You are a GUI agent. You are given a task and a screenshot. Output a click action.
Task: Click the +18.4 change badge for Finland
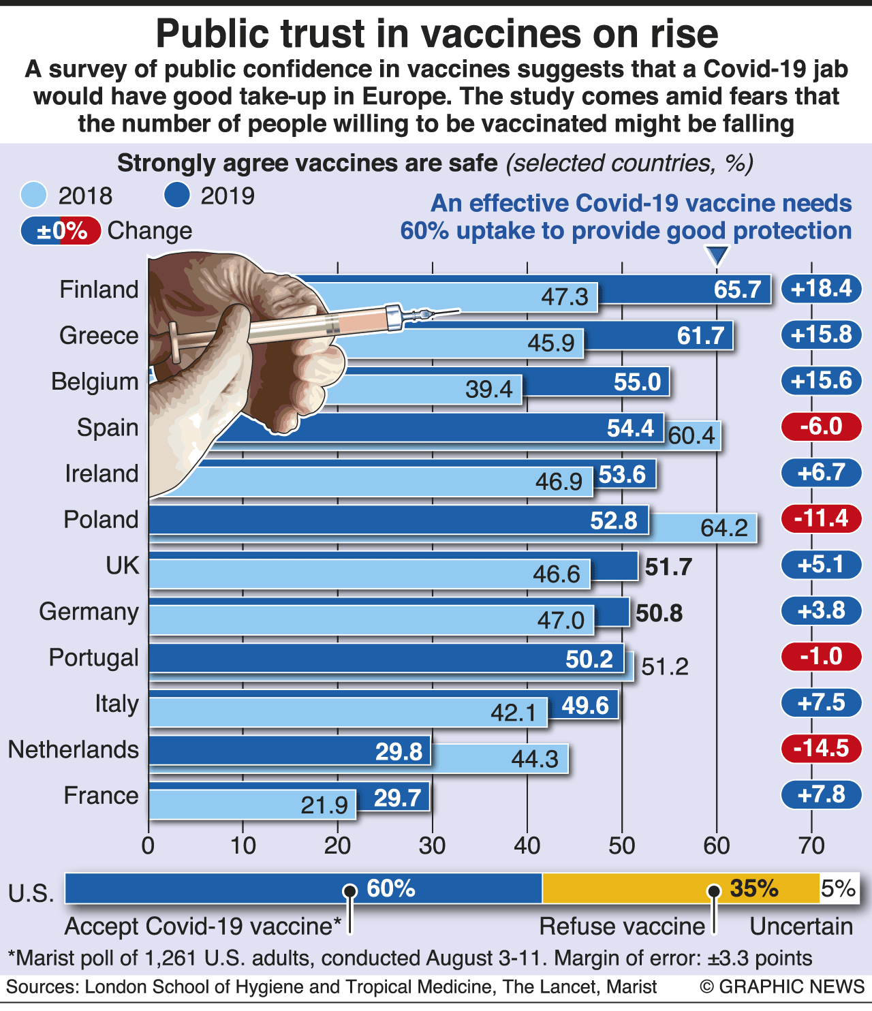click(821, 289)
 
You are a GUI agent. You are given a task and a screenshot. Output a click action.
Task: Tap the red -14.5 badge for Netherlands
click(821, 748)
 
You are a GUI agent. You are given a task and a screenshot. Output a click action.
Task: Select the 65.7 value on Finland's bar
click(736, 290)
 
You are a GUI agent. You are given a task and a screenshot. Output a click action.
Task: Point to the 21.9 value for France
click(324, 805)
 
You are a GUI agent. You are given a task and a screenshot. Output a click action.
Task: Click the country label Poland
click(101, 520)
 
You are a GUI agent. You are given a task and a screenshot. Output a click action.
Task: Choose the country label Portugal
click(93, 658)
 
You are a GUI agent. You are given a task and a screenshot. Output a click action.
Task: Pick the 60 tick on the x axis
click(716, 846)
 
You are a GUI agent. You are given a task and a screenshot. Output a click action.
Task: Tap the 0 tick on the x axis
click(148, 846)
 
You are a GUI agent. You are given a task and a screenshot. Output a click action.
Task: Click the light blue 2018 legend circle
click(33, 196)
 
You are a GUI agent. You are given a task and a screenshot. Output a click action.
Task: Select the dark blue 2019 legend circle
click(176, 196)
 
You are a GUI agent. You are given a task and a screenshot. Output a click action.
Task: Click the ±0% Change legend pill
click(61, 231)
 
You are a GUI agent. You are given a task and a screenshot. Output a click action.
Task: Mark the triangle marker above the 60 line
click(717, 256)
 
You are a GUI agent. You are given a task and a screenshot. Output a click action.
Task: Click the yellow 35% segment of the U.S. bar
click(680, 888)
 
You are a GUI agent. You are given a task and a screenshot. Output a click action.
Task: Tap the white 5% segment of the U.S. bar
click(839, 888)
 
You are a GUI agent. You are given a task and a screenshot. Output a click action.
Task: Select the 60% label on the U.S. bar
click(390, 888)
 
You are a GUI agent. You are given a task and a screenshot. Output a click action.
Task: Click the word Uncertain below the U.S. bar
click(800, 927)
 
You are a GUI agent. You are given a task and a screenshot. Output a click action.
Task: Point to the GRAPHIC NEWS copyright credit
click(782, 986)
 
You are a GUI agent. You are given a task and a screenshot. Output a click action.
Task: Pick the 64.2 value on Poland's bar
click(723, 528)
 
